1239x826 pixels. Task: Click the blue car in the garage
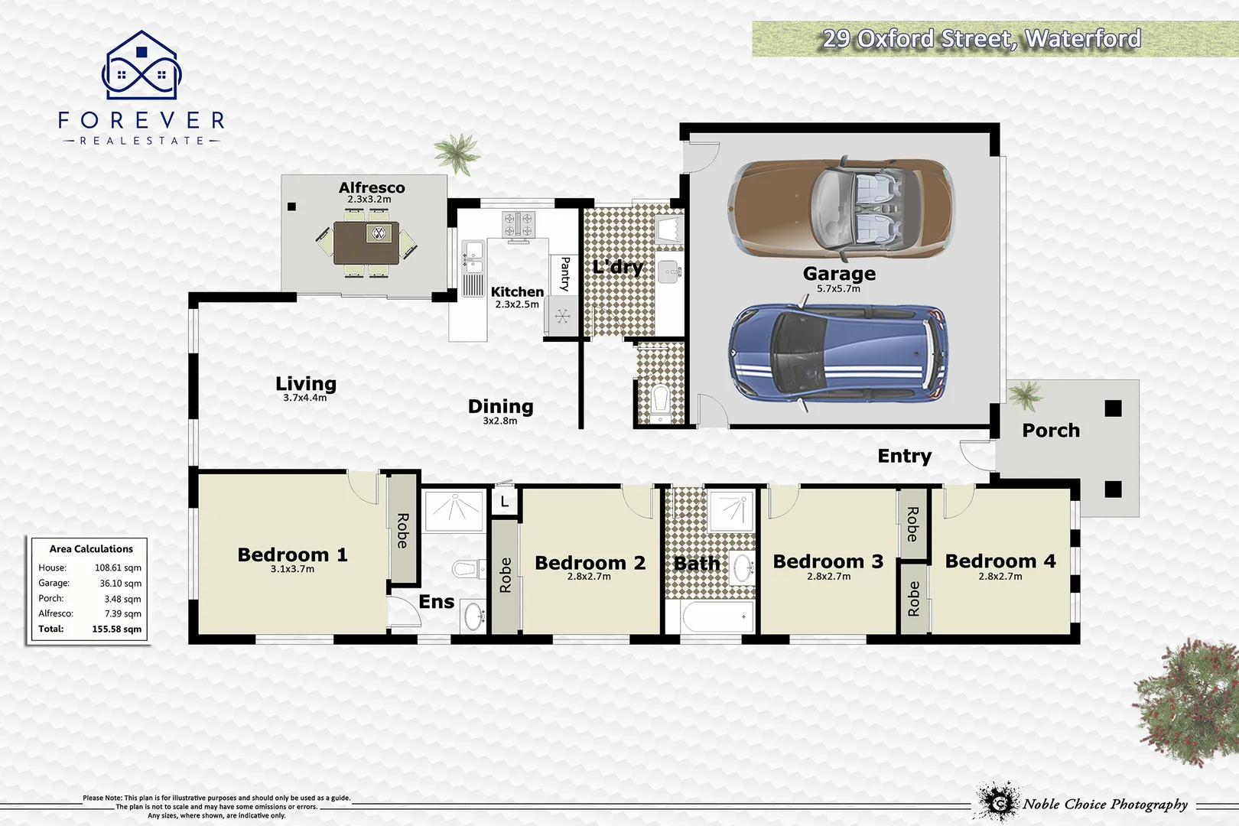(x=837, y=353)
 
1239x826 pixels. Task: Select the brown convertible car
(x=841, y=208)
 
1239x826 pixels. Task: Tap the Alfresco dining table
(x=366, y=242)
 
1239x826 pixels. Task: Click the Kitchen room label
(x=517, y=291)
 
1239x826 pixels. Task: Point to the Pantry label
(x=564, y=274)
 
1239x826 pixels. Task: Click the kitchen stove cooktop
(x=518, y=224)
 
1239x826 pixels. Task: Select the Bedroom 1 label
(x=292, y=554)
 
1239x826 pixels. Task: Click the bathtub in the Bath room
(x=711, y=617)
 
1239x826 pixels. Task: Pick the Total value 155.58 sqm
(x=116, y=629)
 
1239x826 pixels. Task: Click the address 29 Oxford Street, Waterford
(x=981, y=38)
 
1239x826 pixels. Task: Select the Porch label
(x=1051, y=431)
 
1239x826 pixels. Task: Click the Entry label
(x=904, y=456)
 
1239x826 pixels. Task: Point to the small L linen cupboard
(x=504, y=502)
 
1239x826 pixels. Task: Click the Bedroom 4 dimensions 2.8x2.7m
(x=1000, y=577)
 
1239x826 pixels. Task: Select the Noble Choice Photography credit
(x=1104, y=804)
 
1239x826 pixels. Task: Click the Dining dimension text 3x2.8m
(x=499, y=421)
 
